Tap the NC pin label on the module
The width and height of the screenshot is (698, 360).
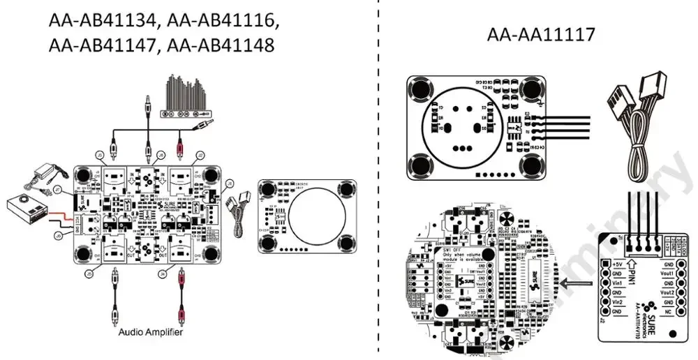pyautogui.click(x=669, y=313)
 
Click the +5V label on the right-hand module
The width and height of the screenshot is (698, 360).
pyautogui.click(x=616, y=264)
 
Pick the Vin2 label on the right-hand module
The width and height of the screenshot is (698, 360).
pyautogui.click(x=616, y=303)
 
